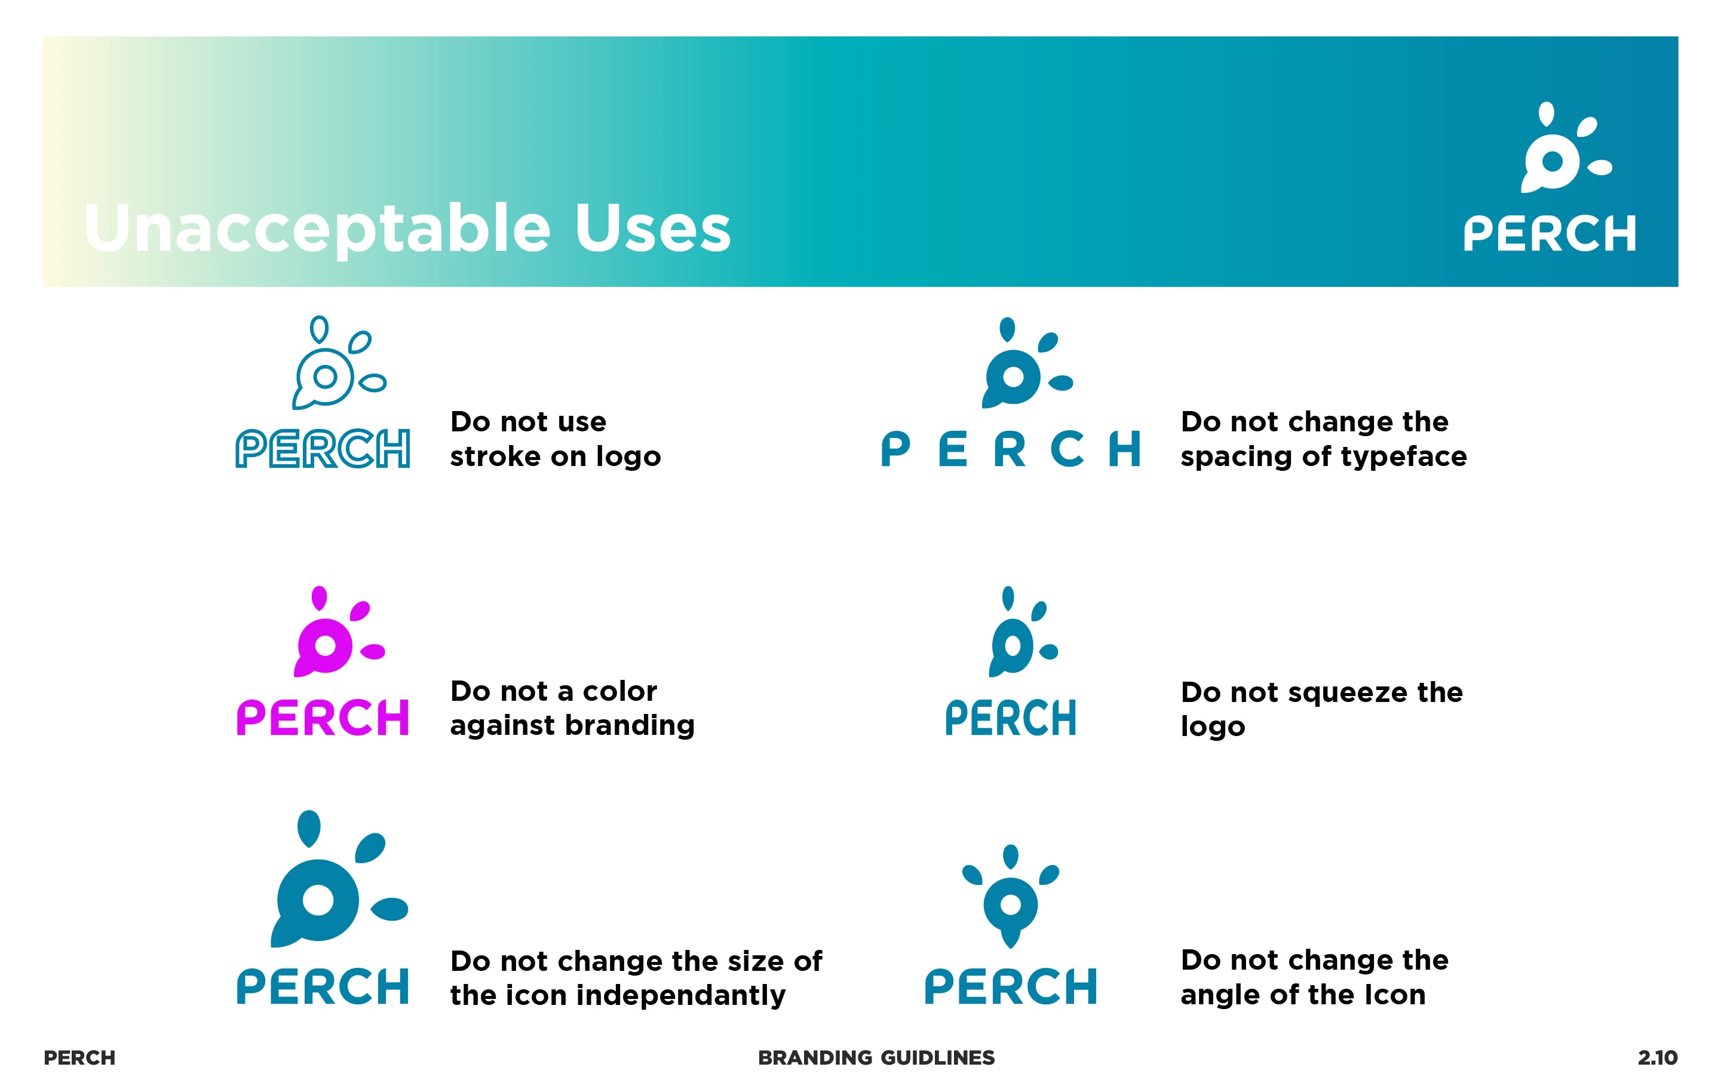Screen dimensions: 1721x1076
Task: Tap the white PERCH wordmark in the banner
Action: pyautogui.click(x=1550, y=234)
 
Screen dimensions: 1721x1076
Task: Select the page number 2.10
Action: pyautogui.click(x=1658, y=1057)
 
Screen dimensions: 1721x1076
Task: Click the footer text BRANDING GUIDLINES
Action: pyautogui.click(x=876, y=1057)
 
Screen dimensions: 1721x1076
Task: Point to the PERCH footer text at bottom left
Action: pyautogui.click(x=79, y=1057)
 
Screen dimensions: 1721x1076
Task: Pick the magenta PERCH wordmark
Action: pyautogui.click(x=323, y=718)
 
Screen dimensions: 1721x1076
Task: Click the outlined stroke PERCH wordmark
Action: pyautogui.click(x=323, y=448)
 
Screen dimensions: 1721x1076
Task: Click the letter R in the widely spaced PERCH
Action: pyautogui.click(x=1010, y=449)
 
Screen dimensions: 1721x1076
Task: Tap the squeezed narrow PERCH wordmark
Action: pyautogui.click(x=1010, y=718)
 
